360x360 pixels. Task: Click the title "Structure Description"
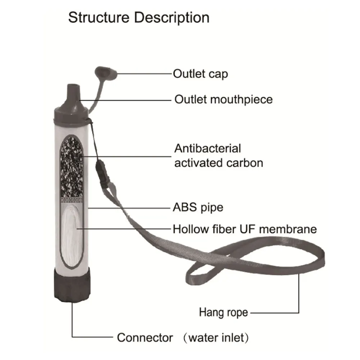139,17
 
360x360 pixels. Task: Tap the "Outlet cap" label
200,74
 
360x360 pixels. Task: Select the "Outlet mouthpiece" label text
223,99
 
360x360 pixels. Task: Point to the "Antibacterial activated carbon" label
218,156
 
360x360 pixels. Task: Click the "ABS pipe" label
198,208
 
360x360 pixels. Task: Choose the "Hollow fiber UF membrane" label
245,229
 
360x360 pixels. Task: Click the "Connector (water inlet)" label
183,338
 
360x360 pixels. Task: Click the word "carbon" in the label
245,163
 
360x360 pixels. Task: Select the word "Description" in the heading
172,17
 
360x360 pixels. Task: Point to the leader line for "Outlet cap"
144,73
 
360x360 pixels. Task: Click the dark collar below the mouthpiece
71,113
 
